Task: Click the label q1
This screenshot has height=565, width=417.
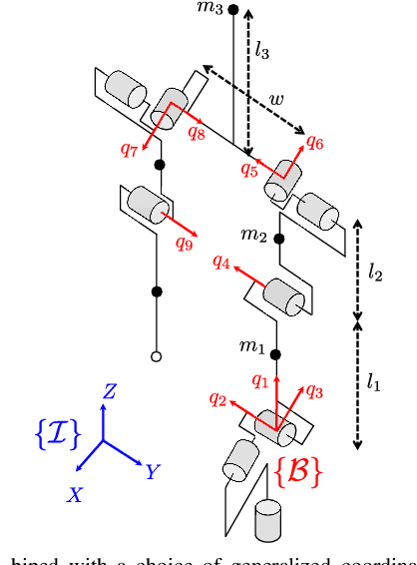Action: click(259, 380)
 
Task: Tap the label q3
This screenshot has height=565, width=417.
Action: click(313, 390)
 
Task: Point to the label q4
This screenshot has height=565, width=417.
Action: click(221, 263)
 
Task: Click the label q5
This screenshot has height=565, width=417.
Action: click(249, 169)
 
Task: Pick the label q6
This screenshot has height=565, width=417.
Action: click(314, 143)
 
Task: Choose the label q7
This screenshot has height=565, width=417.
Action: click(130, 150)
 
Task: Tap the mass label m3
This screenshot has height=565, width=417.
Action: click(211, 9)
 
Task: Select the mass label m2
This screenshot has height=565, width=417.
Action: click(255, 236)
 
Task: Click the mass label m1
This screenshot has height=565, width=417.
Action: click(250, 347)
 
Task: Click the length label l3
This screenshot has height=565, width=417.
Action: click(261, 47)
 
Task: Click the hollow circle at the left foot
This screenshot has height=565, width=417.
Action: click(156, 355)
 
